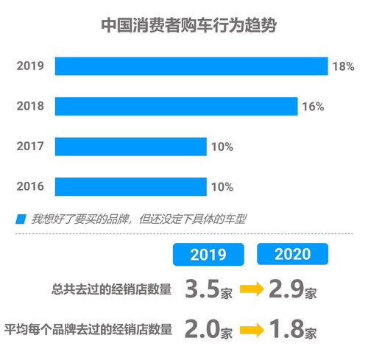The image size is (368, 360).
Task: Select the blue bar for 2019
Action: (x=191, y=66)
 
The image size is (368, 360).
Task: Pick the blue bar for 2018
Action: (x=176, y=106)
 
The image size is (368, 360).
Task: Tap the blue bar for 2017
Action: (x=130, y=147)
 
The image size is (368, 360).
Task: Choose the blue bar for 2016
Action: (x=130, y=186)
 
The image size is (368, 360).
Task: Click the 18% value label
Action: (x=343, y=66)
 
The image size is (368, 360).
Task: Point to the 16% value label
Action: (x=313, y=107)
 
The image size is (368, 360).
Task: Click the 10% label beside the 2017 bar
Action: (x=222, y=147)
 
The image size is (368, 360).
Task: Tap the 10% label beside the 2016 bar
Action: (x=222, y=187)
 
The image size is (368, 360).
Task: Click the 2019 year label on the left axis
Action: (x=30, y=66)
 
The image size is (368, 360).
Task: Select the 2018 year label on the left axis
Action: (x=30, y=107)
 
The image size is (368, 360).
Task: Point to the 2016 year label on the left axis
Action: (x=30, y=187)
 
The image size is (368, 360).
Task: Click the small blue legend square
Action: (x=20, y=219)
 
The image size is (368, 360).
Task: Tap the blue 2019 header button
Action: (x=208, y=255)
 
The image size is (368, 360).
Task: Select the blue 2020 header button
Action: (x=293, y=255)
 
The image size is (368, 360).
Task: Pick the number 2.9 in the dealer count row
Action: (x=286, y=289)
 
